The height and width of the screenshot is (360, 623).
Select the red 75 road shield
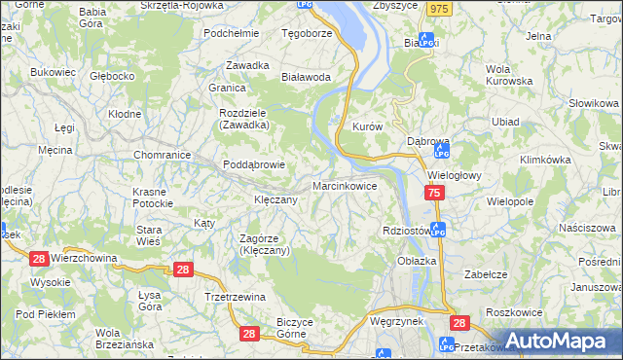coord(434,195)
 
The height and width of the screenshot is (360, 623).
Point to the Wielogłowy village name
coord(456,176)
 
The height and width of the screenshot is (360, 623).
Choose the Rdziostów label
coord(407,231)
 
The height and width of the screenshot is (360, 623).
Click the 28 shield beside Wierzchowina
coord(39,258)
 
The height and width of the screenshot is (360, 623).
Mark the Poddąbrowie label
coord(254,164)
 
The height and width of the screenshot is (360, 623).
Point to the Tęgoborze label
coord(307,32)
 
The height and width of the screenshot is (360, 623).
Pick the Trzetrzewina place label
coord(235,297)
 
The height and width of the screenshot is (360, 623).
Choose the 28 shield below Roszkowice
coord(459,323)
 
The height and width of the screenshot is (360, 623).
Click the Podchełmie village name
coord(230,32)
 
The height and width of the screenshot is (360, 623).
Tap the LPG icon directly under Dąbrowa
coord(441,153)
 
